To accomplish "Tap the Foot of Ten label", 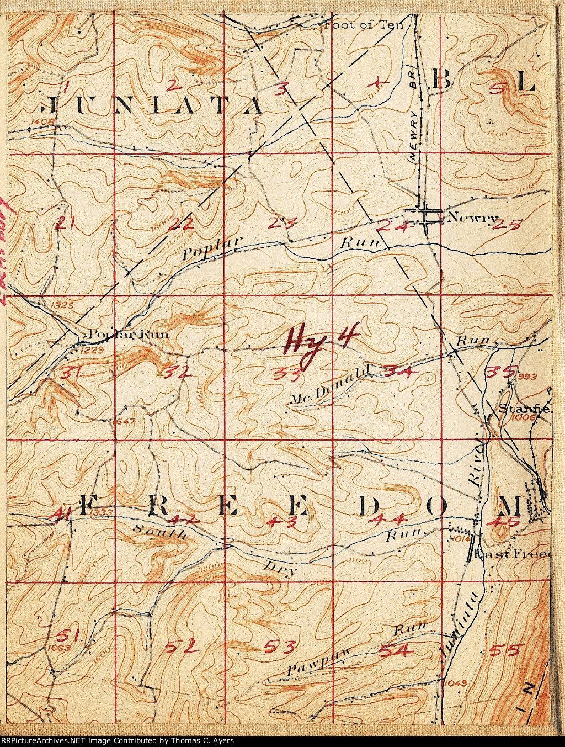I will point(364,24).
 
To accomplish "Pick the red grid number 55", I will point(504,650).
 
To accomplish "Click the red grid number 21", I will point(65,223).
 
